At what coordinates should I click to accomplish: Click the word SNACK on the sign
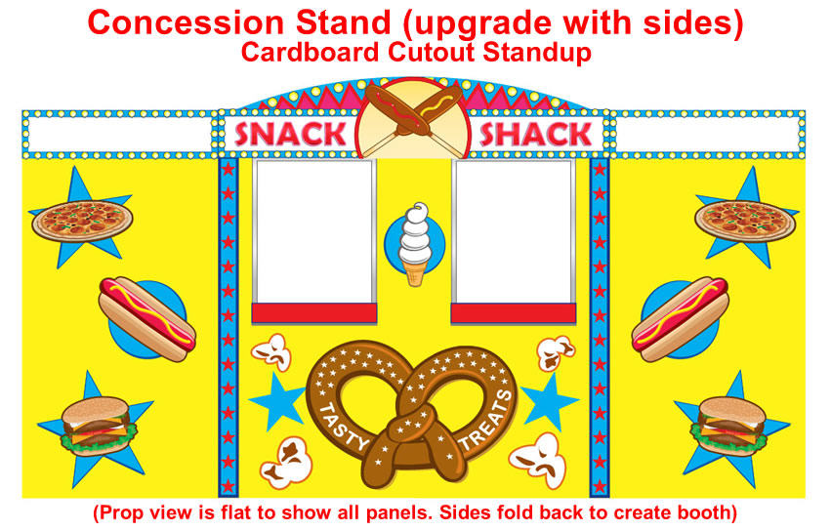(290, 134)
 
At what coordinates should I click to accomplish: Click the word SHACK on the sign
(535, 134)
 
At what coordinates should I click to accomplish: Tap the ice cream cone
(415, 244)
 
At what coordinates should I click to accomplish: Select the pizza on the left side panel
(82, 221)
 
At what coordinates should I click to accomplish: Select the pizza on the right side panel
(745, 221)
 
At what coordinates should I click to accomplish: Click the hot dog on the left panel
(147, 319)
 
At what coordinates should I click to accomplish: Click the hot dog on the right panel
(680, 319)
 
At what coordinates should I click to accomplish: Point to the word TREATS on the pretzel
(486, 421)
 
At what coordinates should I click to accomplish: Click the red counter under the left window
(314, 313)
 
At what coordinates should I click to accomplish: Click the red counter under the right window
(513, 313)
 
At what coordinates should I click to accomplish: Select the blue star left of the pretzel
(276, 401)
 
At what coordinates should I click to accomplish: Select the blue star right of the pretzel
(549, 401)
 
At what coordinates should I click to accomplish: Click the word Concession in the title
(186, 22)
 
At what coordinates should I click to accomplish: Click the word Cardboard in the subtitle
(310, 52)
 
